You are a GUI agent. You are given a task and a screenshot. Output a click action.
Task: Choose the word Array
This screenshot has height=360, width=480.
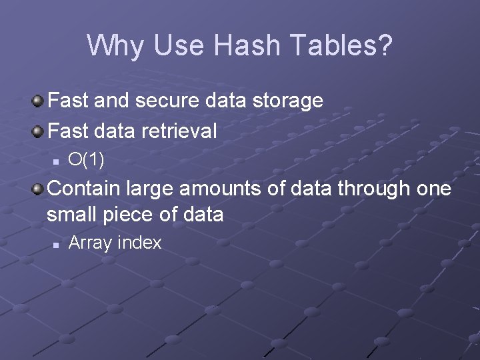pos(91,243)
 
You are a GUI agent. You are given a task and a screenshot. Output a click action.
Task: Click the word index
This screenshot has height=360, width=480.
pos(139,243)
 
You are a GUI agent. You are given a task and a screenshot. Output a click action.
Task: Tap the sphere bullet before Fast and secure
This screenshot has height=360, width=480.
pos(39,101)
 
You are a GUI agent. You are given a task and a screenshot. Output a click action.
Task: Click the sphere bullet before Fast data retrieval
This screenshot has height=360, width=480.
pos(39,131)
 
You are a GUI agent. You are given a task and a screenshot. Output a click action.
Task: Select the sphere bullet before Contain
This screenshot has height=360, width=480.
pos(39,189)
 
